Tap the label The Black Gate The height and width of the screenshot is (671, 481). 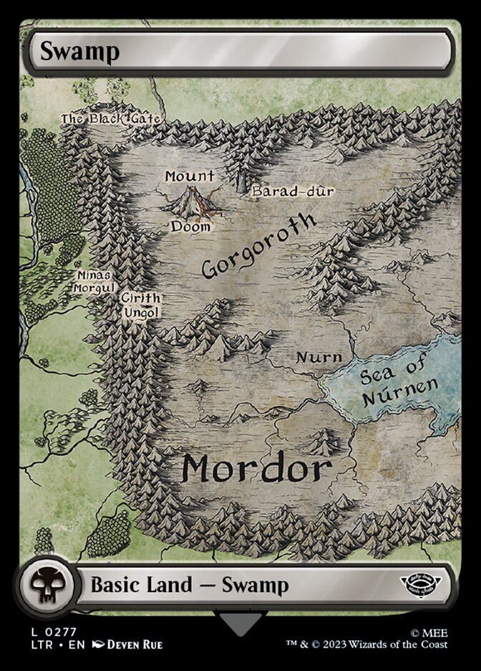(x=110, y=118)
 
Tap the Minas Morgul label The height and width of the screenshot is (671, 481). (x=94, y=280)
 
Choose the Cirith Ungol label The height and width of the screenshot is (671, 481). (x=140, y=305)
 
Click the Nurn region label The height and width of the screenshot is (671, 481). (x=319, y=357)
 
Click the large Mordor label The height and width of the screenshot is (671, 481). (x=256, y=468)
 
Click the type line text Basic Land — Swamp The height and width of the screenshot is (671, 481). (x=190, y=585)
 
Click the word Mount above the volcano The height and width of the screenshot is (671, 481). (x=190, y=176)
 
